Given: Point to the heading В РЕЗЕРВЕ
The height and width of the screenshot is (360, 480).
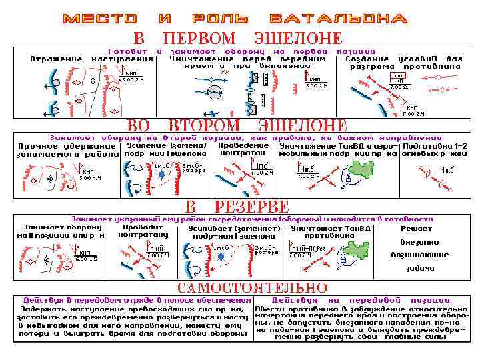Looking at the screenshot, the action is coord(237,206).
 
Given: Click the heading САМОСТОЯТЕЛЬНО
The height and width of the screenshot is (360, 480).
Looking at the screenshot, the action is coord(253,288).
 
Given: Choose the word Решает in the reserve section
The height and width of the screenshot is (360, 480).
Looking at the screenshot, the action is coord(417,228).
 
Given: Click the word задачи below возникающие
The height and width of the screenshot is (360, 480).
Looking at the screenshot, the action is coord(419,267).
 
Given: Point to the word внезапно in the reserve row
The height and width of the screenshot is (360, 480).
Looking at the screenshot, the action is coord(419,241).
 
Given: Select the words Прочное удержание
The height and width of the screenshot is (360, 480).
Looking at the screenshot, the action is coord(67,145).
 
